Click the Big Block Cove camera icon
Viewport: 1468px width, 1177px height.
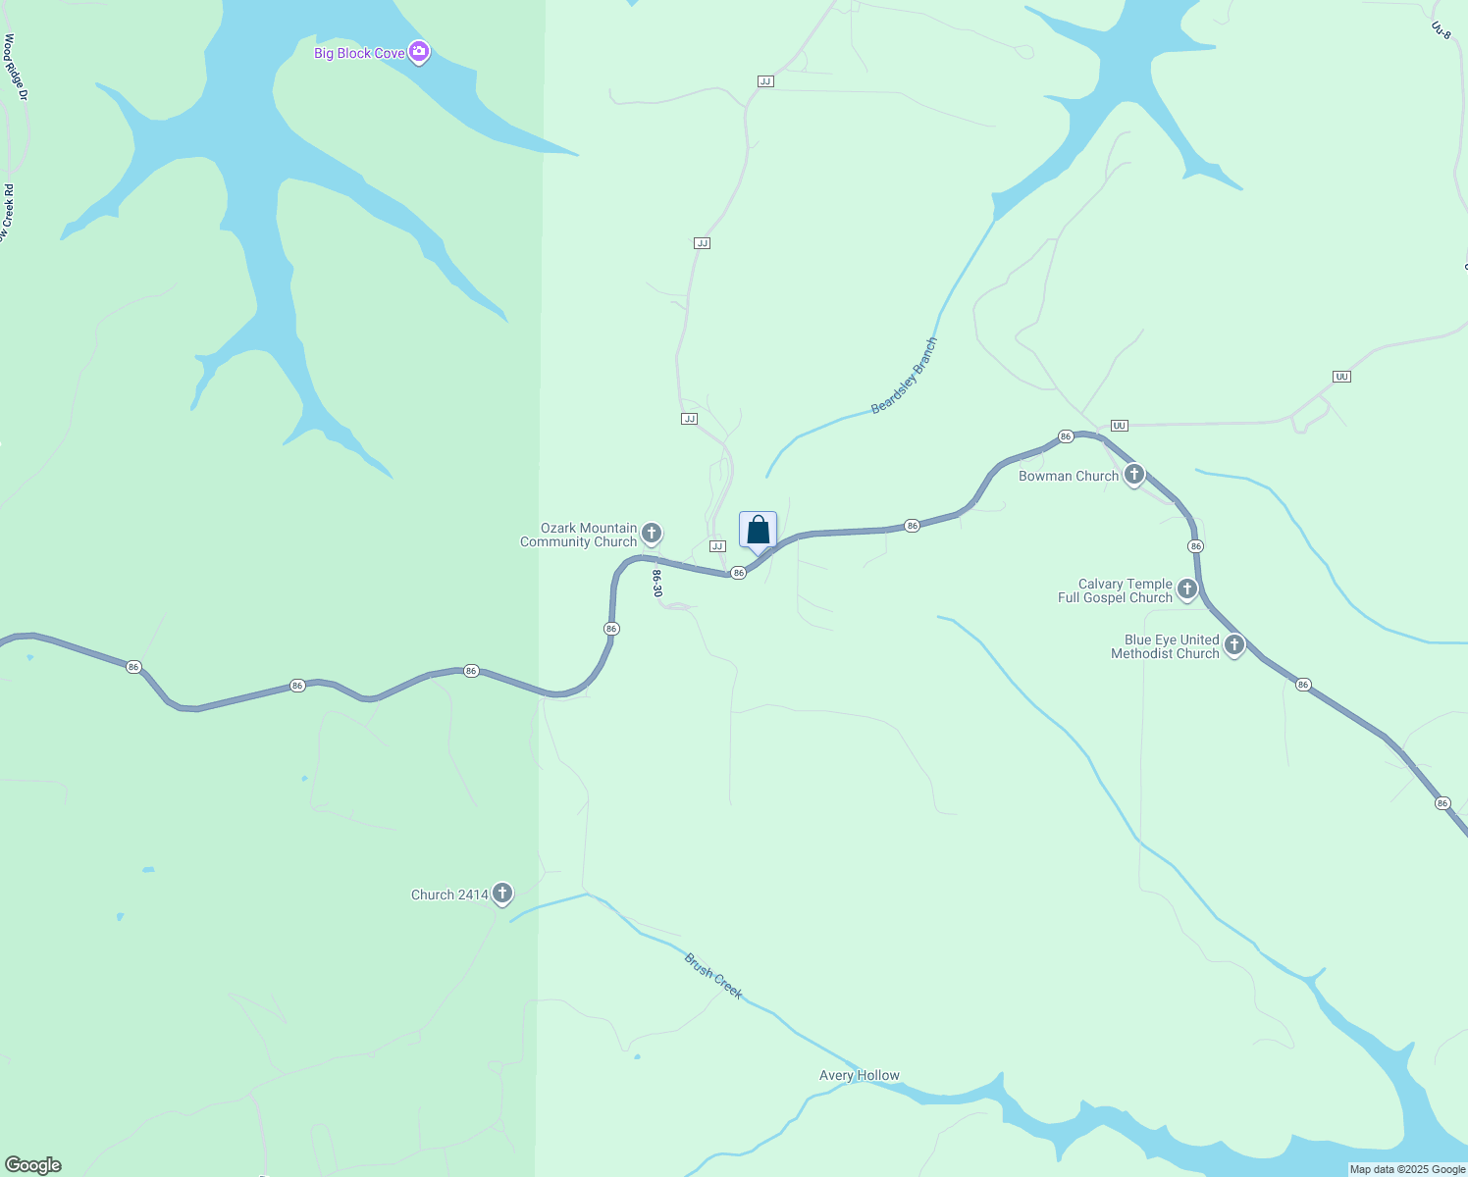419,52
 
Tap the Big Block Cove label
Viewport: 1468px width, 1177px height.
359,53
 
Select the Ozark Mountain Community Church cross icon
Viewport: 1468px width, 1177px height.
652,534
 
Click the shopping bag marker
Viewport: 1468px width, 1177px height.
758,531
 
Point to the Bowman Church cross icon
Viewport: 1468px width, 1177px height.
1134,475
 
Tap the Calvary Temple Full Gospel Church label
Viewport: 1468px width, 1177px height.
1116,590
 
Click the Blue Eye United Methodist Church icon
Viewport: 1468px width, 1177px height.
1234,644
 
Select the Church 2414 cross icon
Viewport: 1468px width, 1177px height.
502,893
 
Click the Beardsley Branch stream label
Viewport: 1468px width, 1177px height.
905,376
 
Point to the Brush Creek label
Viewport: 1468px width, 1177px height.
713,976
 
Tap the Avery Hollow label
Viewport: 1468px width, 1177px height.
860,1076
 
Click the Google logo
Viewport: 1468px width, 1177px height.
33,1165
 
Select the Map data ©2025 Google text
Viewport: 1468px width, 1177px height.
1407,1169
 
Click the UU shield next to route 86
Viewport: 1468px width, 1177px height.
1119,426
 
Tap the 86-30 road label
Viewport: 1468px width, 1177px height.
657,584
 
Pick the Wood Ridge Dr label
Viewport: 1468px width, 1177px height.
15,67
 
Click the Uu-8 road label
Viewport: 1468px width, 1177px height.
1441,30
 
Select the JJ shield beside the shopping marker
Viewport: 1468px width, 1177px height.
717,546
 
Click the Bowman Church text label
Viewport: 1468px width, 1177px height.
1069,476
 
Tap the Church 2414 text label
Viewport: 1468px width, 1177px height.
449,895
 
